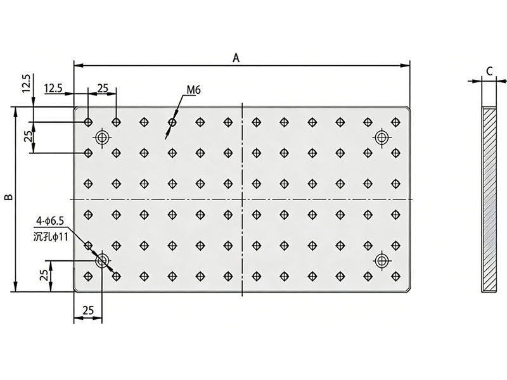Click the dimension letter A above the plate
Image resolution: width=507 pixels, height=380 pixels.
(x=236, y=58)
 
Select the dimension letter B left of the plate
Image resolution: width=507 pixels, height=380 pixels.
(x=8, y=198)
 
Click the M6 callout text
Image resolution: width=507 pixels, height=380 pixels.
(x=194, y=91)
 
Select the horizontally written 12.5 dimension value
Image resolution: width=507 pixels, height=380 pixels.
(x=53, y=89)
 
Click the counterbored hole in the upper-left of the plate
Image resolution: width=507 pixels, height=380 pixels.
(x=102, y=137)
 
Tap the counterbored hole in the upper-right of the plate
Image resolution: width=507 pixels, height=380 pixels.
(x=382, y=137)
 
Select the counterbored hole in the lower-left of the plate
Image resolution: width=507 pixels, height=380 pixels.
(x=101, y=260)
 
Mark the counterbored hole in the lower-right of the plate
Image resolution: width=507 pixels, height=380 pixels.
(x=382, y=260)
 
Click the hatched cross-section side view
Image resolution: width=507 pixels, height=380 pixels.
(x=488, y=199)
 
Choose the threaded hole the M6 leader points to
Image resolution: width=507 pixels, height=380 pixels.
(x=172, y=121)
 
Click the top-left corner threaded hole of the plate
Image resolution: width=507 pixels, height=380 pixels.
(x=88, y=121)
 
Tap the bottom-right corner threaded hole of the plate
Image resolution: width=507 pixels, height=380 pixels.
(x=395, y=275)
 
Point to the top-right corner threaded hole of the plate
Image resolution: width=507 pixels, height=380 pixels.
(x=395, y=121)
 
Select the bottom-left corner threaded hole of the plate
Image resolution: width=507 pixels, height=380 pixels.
(x=88, y=275)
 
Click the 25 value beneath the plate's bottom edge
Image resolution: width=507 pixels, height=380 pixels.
(x=88, y=310)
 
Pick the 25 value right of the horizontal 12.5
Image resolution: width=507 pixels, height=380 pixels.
(x=103, y=89)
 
